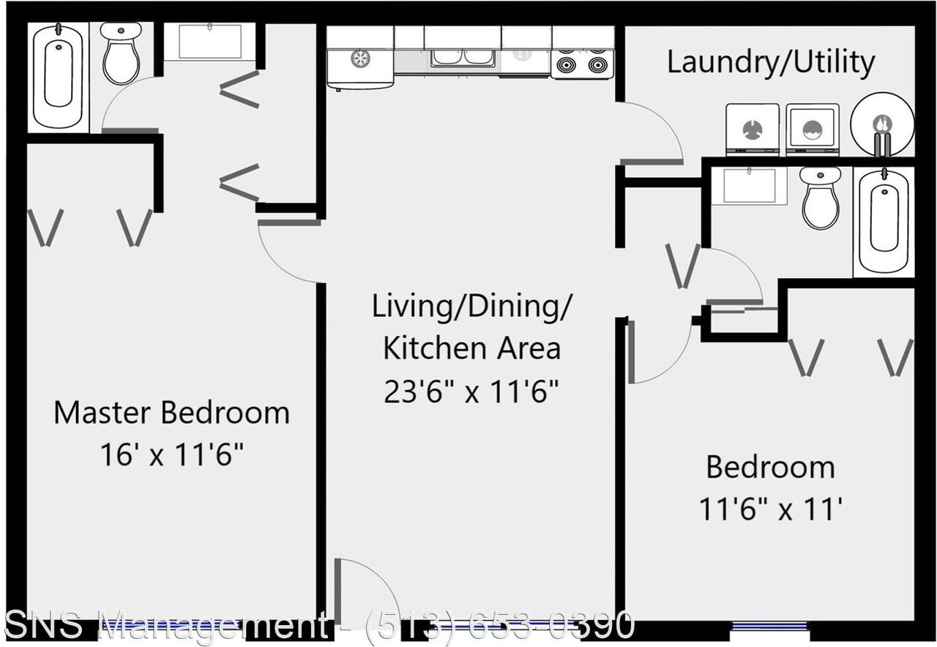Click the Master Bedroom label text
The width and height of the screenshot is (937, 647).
[x=171, y=413]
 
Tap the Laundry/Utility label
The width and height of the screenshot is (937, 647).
[x=770, y=62]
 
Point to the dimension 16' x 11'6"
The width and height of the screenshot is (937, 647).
[x=171, y=455]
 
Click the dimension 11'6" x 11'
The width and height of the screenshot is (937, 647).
[x=770, y=509]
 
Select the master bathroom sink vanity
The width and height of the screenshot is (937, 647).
[x=209, y=42]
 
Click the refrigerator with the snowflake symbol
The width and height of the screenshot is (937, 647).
[x=359, y=59]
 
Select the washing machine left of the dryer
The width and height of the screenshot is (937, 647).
[x=752, y=129]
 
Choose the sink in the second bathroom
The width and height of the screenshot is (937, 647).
[x=749, y=185]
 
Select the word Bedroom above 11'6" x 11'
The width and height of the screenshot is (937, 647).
[x=770, y=467]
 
